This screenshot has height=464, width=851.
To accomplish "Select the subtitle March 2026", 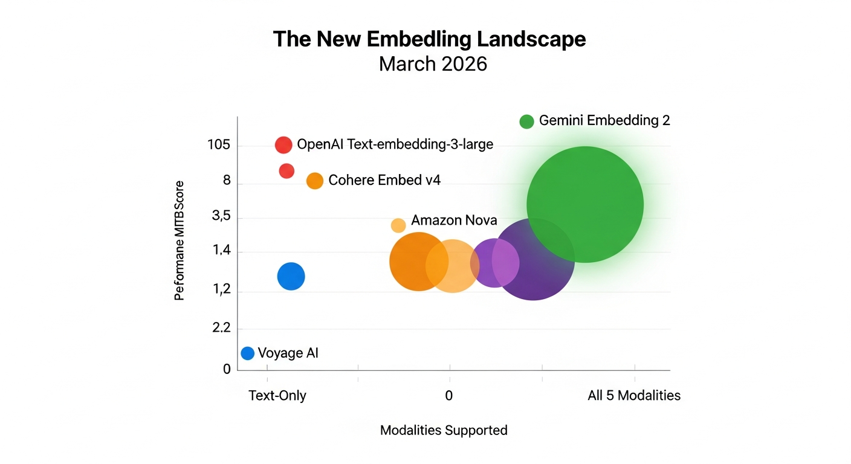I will point(433,63).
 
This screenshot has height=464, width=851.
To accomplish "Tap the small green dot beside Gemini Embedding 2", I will point(526,121).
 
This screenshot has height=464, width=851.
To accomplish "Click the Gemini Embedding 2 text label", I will point(604,120).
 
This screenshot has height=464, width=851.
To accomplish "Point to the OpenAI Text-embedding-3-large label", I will point(395,144).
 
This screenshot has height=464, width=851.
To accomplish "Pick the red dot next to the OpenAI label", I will point(283,144).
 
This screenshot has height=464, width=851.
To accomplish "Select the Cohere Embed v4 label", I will point(384,180).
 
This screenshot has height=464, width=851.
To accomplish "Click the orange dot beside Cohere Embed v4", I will point(315,180).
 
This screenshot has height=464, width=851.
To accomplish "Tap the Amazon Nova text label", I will point(454,220).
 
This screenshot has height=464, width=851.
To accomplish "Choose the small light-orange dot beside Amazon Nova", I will point(398,225).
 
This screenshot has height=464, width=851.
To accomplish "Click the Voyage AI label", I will point(288,353).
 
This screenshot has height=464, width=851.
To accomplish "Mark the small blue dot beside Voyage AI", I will point(247,353).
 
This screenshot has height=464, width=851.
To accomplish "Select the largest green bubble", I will point(584,204).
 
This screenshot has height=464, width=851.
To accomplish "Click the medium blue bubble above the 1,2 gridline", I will point(291,276).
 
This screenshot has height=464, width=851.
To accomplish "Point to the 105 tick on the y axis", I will point(218,144).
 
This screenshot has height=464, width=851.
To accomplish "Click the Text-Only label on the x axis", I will point(277,396).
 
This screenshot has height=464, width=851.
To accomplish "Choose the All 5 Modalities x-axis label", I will point(634,396).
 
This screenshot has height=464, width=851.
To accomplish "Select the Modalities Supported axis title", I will point(444,430).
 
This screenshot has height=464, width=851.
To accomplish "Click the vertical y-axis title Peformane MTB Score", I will point(179,240).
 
